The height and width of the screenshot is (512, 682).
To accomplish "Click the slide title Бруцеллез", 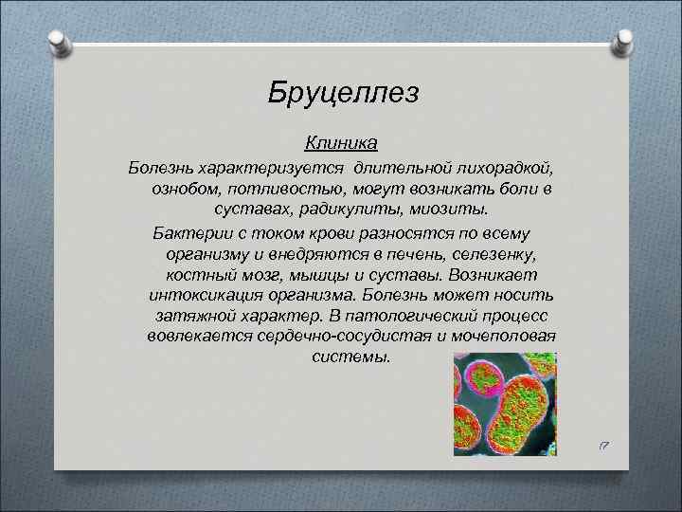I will (342, 93).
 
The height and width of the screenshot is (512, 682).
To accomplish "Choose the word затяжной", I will (189, 317).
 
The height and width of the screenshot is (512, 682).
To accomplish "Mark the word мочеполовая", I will (508, 338).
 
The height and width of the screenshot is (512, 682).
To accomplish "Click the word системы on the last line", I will (350, 358).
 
